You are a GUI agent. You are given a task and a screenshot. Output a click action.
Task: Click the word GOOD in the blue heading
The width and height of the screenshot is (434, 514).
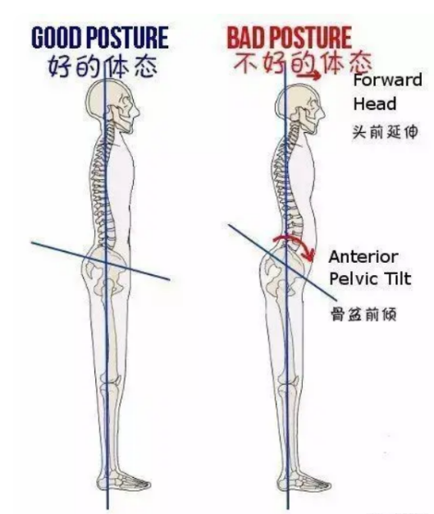(56, 38)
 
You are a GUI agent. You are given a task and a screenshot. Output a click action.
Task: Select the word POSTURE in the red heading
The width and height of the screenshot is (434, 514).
(311, 38)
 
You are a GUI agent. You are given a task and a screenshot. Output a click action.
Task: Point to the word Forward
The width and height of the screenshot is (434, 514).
(387, 80)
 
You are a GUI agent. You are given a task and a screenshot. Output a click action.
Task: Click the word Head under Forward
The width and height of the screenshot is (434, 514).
(375, 103)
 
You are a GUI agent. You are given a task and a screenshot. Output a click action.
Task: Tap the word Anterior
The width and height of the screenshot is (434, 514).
(363, 257)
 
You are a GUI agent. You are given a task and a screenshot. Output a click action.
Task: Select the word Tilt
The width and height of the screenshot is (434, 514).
(398, 279)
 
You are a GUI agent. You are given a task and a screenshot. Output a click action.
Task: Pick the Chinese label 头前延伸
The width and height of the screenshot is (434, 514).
(386, 132)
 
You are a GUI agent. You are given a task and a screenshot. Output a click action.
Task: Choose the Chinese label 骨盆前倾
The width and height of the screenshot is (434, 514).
(363, 314)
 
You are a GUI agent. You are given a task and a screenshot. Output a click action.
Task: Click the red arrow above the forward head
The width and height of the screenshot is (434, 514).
(309, 76)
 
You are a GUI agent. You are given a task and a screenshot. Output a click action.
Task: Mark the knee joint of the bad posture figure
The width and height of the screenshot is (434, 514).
(289, 382)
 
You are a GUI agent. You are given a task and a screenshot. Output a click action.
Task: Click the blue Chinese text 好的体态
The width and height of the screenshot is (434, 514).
(103, 67)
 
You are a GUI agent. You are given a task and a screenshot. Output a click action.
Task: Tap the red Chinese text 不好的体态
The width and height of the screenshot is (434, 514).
(303, 63)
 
